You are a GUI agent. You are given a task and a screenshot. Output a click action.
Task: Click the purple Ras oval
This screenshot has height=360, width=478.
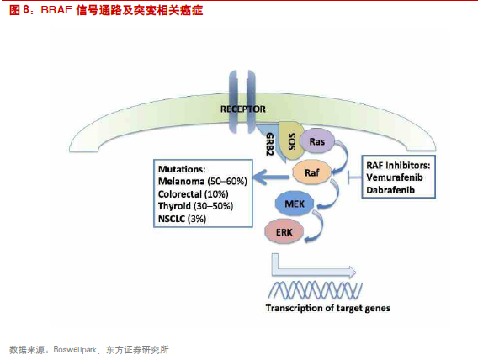(x=316, y=141)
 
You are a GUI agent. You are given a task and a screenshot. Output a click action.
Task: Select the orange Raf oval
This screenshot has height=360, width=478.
(x=311, y=172)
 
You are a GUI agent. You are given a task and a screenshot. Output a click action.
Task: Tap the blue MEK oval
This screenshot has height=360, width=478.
(x=295, y=204)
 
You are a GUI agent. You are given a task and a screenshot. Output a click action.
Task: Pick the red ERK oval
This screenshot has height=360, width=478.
(x=284, y=232)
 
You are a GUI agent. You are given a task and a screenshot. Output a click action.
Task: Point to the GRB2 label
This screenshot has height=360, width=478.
(x=269, y=144)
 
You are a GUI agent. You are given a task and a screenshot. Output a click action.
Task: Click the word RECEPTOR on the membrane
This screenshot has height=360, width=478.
(x=243, y=109)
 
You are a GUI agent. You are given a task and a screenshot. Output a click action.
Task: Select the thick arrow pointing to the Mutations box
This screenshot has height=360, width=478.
(x=271, y=177)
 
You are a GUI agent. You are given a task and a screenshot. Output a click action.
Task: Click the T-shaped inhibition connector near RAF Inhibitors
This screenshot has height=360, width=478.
(x=354, y=177)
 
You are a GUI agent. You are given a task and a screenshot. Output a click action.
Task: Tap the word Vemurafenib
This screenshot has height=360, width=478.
(x=395, y=177)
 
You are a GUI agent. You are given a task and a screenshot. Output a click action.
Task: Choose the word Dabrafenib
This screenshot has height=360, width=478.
(x=390, y=190)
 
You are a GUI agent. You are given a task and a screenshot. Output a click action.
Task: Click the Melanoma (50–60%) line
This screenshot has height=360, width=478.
(x=203, y=182)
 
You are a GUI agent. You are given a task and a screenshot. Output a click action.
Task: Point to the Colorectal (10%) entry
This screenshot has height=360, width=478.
(x=194, y=194)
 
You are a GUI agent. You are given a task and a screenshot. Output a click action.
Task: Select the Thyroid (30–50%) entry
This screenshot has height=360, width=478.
(x=196, y=206)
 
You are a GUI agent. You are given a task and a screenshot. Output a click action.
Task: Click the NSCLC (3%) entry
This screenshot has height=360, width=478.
(x=182, y=219)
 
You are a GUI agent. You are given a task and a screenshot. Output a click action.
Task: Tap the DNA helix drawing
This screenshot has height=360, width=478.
(x=316, y=289)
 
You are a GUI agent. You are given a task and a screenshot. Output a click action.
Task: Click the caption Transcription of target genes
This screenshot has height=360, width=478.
(x=327, y=308)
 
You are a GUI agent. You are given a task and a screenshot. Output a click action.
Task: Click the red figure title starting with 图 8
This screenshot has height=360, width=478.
(x=106, y=10)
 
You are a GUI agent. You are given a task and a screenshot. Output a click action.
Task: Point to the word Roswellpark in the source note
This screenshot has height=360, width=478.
(x=75, y=349)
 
